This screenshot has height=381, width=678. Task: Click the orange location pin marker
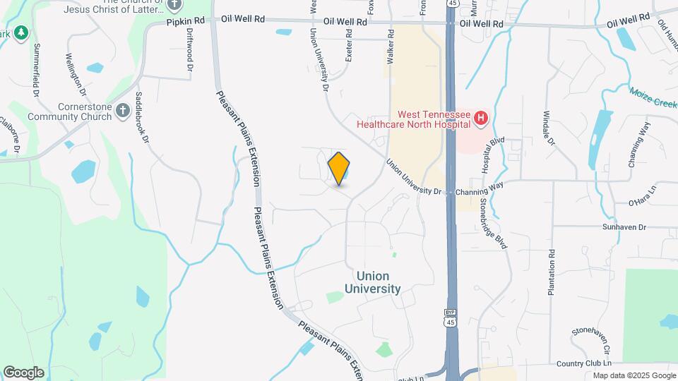[339, 169]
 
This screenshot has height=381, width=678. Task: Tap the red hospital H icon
[482, 118]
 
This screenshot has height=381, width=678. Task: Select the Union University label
[373, 282]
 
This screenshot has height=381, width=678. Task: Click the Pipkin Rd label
[185, 22]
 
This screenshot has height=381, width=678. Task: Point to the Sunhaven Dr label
[624, 227]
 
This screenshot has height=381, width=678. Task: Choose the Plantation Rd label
[552, 272]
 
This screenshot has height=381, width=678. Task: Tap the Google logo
[23, 372]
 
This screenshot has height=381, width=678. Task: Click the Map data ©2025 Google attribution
[634, 375]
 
